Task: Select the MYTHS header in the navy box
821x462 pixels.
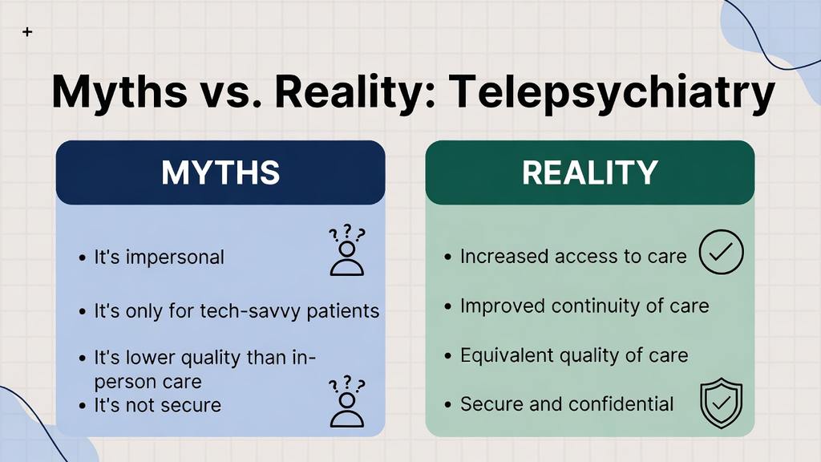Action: [220, 172]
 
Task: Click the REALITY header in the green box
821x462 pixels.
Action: [589, 172]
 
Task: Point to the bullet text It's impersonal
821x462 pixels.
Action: [159, 257]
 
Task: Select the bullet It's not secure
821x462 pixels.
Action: [157, 405]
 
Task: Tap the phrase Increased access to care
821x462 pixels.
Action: [572, 257]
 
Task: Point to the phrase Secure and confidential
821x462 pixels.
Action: [566, 403]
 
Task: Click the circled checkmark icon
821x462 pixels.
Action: [722, 253]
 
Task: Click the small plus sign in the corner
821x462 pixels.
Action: [28, 32]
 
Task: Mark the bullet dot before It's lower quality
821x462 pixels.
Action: [83, 358]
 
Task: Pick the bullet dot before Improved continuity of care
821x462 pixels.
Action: [449, 307]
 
